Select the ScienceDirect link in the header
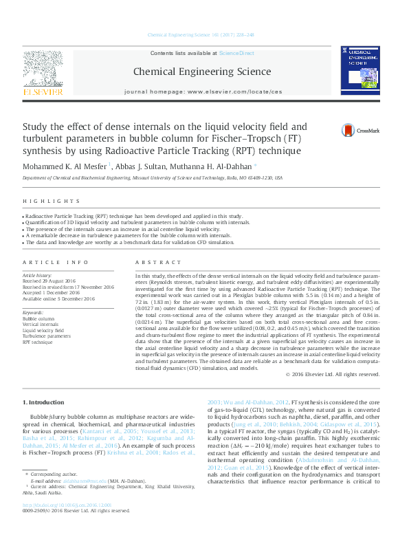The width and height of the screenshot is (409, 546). pos(236,53)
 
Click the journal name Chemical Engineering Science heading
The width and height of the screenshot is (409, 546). pos(201,71)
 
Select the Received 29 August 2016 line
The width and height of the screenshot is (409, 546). pos(50,281)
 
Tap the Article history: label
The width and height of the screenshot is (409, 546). pos(38,275)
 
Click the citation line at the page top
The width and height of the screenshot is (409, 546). pos(201,35)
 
